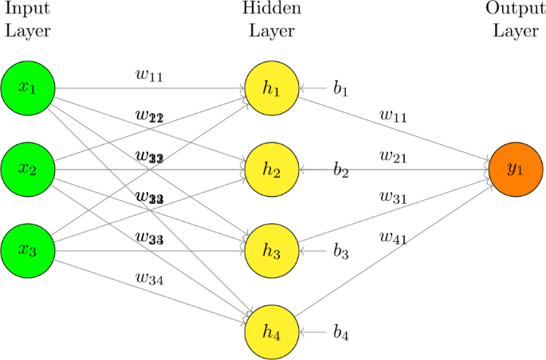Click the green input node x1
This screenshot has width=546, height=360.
(x=28, y=88)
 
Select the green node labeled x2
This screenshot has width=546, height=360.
(x=28, y=169)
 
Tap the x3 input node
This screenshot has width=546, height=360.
(x=28, y=250)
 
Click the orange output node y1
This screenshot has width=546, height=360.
(x=516, y=169)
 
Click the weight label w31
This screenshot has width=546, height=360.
(x=393, y=196)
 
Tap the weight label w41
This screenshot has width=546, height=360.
(x=393, y=237)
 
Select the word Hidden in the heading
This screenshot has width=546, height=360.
(x=271, y=10)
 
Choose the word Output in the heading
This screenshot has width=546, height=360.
(x=515, y=10)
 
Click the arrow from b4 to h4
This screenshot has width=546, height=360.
(x=313, y=331)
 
